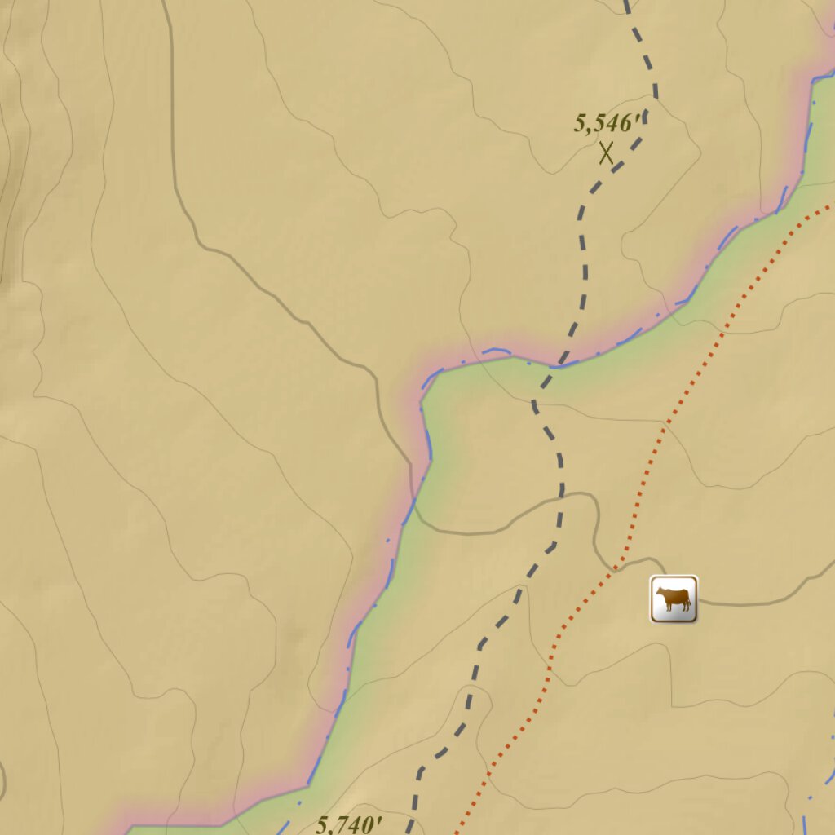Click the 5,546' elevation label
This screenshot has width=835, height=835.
[607, 123]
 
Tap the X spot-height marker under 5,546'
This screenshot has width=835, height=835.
[606, 152]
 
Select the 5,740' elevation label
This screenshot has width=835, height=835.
[349, 824]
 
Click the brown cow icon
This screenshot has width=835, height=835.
[674, 599]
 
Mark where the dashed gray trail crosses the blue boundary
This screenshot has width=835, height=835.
[561, 361]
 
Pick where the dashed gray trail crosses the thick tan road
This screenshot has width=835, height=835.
[561, 495]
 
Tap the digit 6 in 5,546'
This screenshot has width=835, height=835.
[626, 124]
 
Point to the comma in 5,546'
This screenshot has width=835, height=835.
[585, 130]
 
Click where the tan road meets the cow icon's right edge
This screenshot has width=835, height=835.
[698, 602]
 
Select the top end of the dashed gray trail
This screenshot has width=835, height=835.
[626, 2]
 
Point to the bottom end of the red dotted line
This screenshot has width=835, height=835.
[454, 832]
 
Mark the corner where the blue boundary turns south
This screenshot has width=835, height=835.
[424, 383]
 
